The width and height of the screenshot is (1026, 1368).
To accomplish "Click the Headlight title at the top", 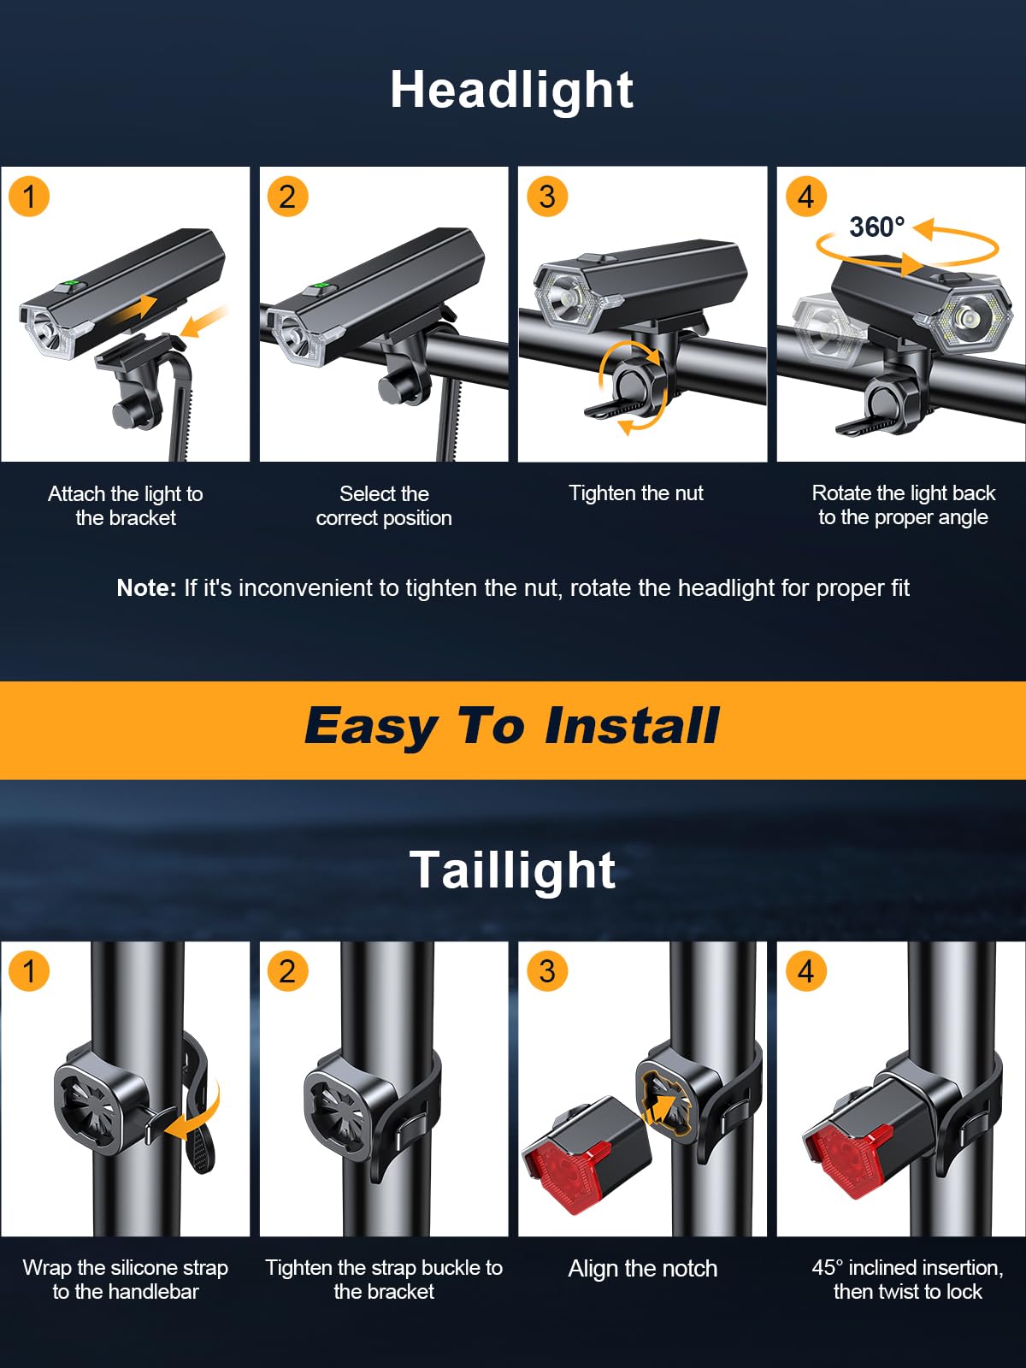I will tap(511, 90).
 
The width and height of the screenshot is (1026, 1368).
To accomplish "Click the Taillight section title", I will tap(512, 870).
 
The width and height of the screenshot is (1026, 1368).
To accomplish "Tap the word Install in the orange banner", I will tap(632, 727).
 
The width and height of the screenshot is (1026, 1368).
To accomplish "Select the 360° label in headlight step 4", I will tap(876, 227).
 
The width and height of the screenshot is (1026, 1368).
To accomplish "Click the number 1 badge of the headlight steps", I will tap(29, 197).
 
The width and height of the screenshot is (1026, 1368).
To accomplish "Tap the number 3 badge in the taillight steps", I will tap(547, 971).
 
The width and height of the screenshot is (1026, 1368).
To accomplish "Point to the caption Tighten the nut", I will tap(636, 493).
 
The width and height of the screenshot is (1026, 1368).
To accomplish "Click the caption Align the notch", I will tap(642, 1269).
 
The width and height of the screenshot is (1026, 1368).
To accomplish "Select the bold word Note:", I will tap(146, 588).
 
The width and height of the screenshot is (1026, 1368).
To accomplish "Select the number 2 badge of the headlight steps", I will tap(287, 197).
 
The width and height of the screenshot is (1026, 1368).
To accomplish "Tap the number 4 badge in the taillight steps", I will tap(805, 971).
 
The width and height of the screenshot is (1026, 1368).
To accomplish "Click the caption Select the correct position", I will tap(384, 505).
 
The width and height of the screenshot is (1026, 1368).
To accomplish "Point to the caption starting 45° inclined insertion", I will tap(907, 1279).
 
